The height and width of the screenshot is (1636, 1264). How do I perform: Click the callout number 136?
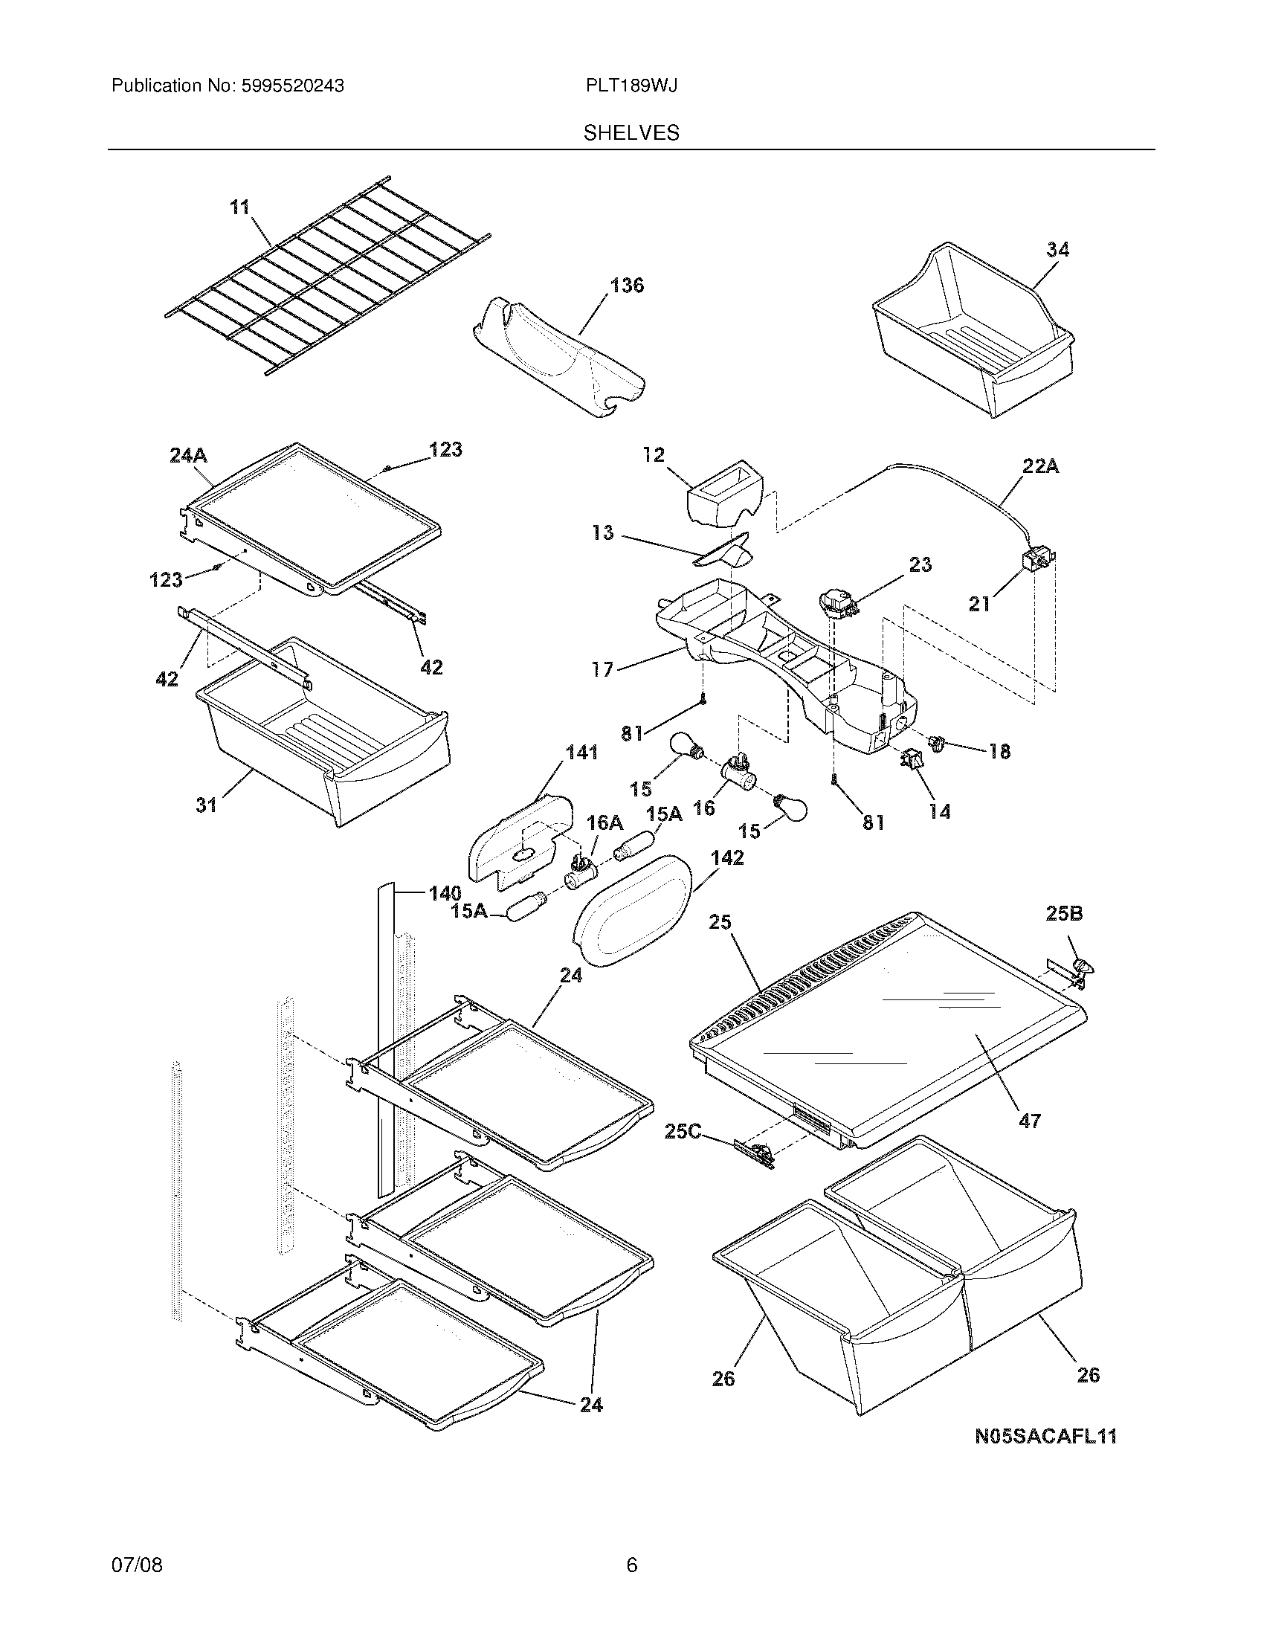click(627, 286)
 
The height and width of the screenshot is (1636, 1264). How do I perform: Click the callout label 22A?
click(1041, 467)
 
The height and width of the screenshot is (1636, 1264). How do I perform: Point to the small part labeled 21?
click(1037, 560)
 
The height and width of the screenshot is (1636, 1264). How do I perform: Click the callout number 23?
click(920, 565)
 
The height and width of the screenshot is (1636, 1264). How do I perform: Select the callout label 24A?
click(189, 454)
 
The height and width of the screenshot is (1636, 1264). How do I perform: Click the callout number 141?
click(581, 752)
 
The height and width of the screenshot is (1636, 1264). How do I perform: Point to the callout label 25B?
click(1064, 913)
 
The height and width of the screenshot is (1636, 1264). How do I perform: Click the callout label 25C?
click(683, 1131)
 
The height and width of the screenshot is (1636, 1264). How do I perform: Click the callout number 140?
click(445, 893)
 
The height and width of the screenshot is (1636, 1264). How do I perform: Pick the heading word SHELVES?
click(631, 133)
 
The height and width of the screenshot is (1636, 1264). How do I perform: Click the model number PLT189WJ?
click(632, 86)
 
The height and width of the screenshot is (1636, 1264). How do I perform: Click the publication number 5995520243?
click(292, 86)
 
